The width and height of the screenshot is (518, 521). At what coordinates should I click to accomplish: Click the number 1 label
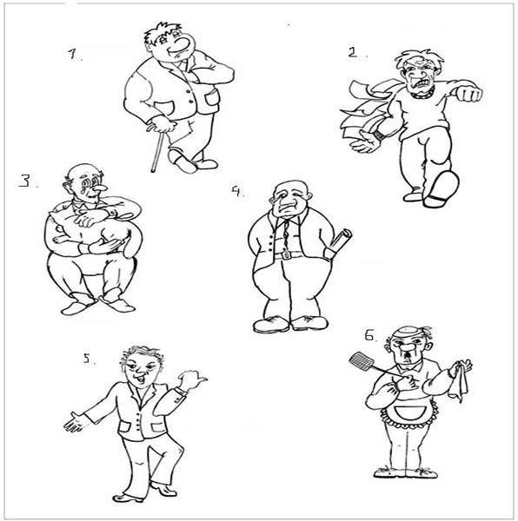click(72, 54)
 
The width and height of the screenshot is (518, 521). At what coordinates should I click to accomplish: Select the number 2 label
click(352, 52)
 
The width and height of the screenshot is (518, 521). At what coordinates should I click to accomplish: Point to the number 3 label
click(24, 181)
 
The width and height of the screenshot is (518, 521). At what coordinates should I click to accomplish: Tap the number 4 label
click(236, 191)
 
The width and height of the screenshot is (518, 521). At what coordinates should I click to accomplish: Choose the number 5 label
click(86, 358)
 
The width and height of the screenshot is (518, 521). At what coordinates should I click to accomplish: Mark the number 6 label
click(369, 335)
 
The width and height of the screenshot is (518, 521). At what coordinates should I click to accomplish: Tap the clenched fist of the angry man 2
click(469, 94)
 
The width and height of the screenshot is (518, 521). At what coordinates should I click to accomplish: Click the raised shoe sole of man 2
click(442, 188)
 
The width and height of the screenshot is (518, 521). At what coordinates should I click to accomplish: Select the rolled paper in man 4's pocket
click(338, 243)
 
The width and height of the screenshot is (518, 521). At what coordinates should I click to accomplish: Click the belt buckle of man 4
click(287, 255)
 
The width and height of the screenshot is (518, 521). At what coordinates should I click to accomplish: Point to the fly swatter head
click(362, 362)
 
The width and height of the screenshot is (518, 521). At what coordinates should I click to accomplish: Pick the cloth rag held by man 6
click(459, 382)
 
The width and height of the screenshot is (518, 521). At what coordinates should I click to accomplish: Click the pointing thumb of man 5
click(200, 379)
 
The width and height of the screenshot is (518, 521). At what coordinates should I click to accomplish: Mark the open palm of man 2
click(365, 142)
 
